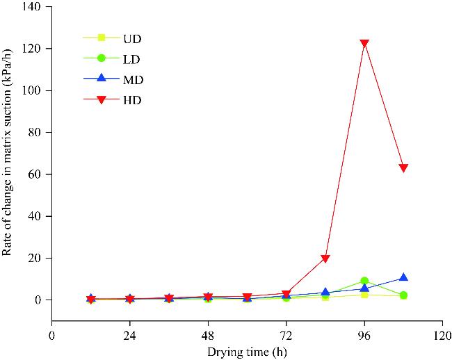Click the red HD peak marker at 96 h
364,44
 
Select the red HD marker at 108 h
403,168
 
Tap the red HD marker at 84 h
325,259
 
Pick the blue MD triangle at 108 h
403,278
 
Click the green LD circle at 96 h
364,281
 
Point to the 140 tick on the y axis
32,7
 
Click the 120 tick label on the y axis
32,49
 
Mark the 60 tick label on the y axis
35,174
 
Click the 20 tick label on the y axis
35,258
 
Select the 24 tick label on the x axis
129,334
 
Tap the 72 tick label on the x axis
286,334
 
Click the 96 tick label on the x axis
364,334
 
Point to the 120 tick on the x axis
442,334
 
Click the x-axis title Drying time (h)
247,351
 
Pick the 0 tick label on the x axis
51,334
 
